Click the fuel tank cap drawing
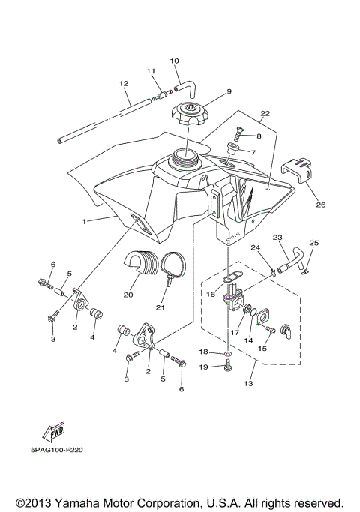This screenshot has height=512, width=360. click(x=192, y=115)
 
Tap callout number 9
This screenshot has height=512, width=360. click(x=208, y=92)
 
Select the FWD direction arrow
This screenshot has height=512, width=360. click(x=55, y=431)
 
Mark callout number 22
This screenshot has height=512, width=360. click(x=264, y=114)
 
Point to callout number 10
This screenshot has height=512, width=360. click(x=174, y=60)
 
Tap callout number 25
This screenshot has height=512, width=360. click(x=313, y=243)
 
